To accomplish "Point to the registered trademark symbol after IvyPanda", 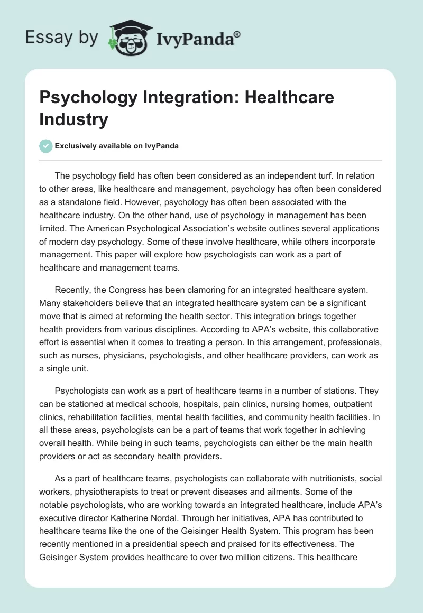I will click(x=238, y=34).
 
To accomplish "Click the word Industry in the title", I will click(x=73, y=119).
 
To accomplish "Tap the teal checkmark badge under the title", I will click(x=46, y=146).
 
